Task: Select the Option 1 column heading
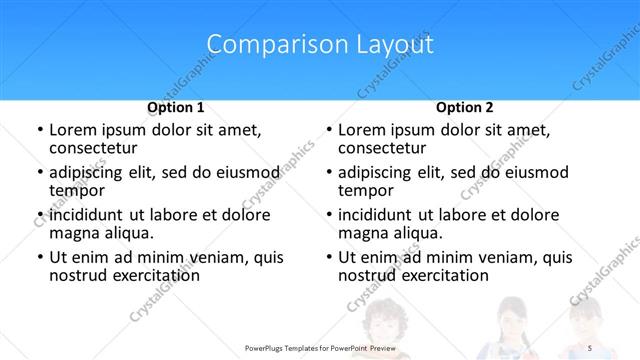click(176, 107)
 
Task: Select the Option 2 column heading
click(465, 107)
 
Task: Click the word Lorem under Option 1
click(75, 130)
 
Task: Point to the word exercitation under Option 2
click(444, 276)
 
